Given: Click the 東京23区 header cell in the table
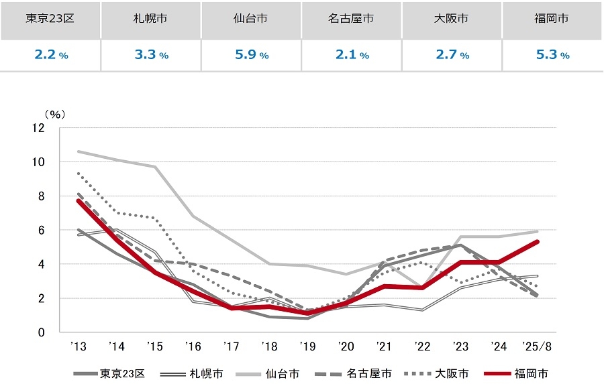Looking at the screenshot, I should (50, 19).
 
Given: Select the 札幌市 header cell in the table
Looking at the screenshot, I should (150, 19).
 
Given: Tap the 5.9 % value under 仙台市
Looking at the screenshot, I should (251, 55).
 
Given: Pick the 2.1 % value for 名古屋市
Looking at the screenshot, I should (352, 55).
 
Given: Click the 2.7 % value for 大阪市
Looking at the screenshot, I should (452, 55).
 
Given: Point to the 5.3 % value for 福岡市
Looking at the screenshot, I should (552, 55).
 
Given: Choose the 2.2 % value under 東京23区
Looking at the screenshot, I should (50, 55).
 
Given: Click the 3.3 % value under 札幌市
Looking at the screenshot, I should (150, 55).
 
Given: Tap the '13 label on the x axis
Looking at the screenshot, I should (79, 347).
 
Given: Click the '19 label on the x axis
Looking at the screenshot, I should (307, 347).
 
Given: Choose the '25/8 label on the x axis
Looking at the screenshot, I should (538, 347).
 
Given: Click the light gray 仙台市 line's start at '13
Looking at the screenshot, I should (79, 151).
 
